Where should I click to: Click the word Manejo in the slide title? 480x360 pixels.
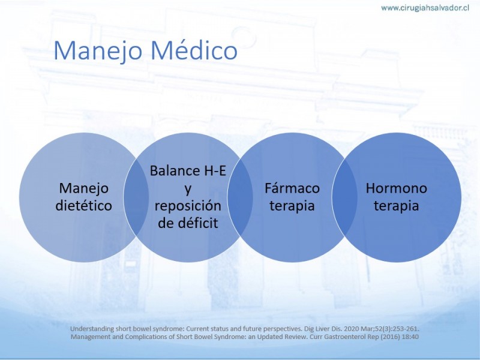[x=98, y=51]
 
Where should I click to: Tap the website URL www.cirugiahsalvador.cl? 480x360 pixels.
[x=425, y=8]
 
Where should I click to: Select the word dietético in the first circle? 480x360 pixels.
[x=83, y=205]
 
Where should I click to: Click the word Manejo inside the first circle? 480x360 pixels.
[x=83, y=188]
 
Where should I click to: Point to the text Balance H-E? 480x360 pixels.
[x=188, y=171]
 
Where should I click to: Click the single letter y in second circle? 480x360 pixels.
[x=188, y=190]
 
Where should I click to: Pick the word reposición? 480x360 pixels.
[x=188, y=206]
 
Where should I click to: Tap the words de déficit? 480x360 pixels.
[x=188, y=223]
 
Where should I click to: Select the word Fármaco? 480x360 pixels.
[x=292, y=188]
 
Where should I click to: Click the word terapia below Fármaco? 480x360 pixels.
[x=292, y=206]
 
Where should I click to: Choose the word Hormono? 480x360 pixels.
[x=397, y=188]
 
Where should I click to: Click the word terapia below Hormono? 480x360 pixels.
[x=397, y=206]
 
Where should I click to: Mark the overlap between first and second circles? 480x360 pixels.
[x=136, y=197]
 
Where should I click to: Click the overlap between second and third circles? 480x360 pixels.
[x=241, y=197]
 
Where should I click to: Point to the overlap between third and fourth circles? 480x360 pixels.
[x=344, y=197]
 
